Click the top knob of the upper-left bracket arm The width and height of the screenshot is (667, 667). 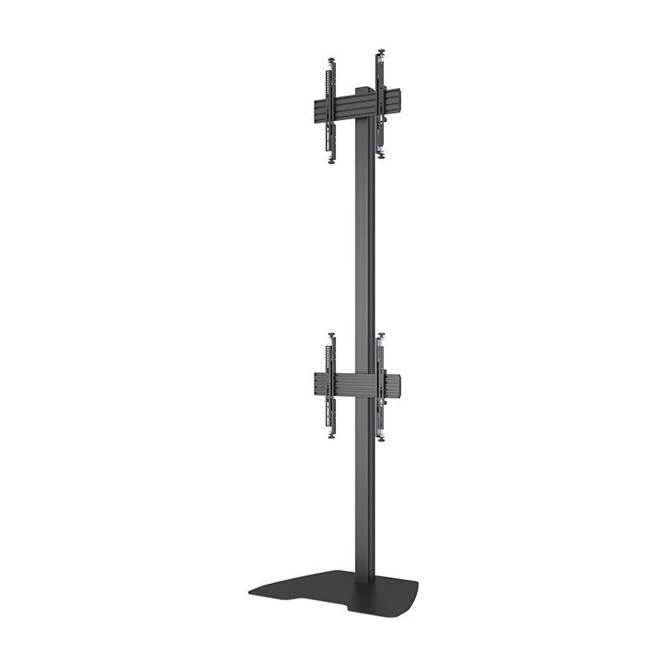331,59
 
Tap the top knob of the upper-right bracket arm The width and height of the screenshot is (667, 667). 380,52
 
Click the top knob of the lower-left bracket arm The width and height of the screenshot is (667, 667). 331,335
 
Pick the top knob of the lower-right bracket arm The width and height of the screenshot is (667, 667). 380,335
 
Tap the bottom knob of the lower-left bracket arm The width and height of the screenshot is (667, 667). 331,435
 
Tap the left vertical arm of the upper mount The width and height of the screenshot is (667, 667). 332,111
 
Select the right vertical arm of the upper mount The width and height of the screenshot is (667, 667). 381,103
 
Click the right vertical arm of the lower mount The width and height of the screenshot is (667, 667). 380,387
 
